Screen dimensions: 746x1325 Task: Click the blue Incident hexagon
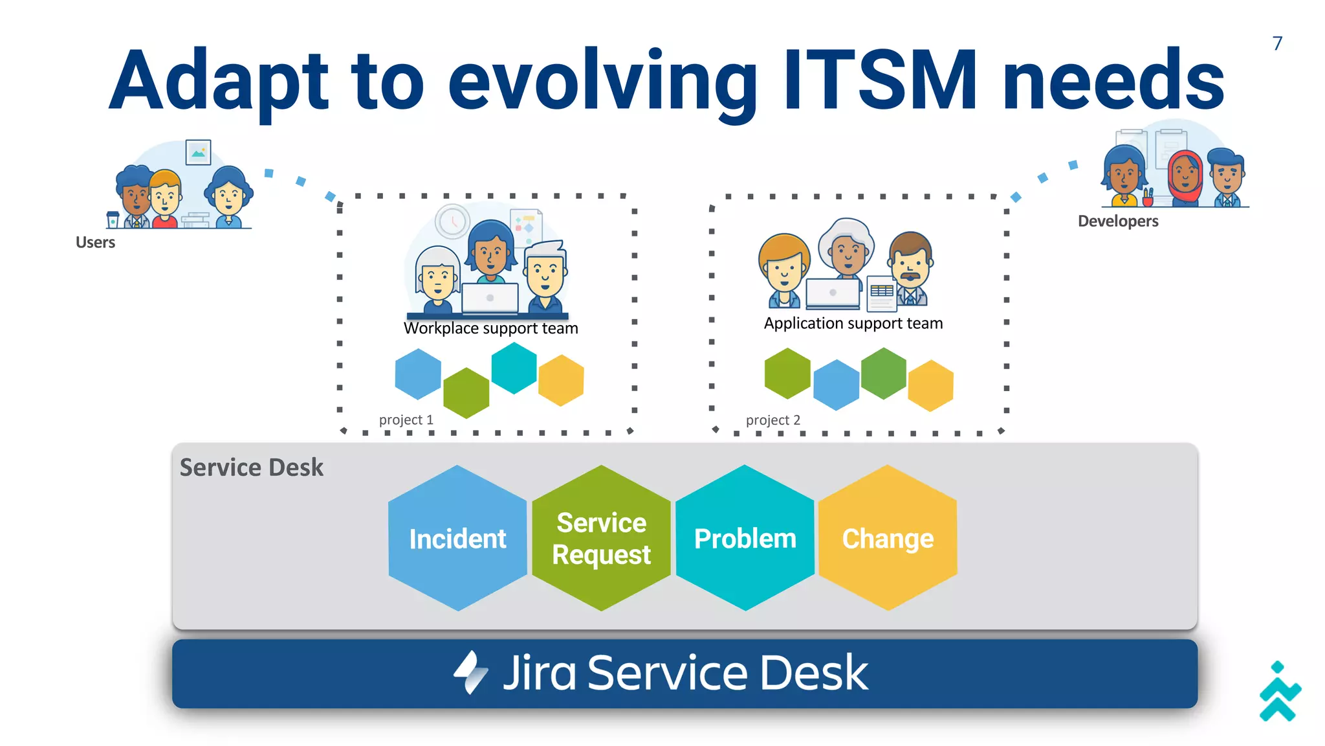tap(457, 538)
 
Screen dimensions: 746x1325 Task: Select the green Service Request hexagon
tap(601, 538)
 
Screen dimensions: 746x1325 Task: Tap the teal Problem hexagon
tap(745, 538)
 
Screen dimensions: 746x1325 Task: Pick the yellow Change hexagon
tap(888, 538)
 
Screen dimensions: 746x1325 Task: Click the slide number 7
tap(1277, 43)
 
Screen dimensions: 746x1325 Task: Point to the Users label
tap(95, 242)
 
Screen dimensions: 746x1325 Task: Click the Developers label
tap(1117, 221)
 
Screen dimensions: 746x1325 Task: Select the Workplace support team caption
tap(490, 328)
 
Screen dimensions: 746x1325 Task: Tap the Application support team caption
tap(853, 323)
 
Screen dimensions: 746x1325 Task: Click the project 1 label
tap(406, 420)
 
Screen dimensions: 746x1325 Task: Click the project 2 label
tap(772, 420)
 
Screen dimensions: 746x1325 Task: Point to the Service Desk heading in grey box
tap(251, 467)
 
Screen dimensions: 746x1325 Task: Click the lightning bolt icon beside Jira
tap(470, 672)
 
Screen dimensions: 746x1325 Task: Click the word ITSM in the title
tap(879, 80)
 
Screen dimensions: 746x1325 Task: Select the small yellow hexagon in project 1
tap(561, 380)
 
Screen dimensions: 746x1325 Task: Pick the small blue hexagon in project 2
tap(836, 385)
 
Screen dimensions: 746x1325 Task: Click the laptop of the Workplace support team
tap(490, 298)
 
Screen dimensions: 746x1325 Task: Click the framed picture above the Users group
tap(198, 152)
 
